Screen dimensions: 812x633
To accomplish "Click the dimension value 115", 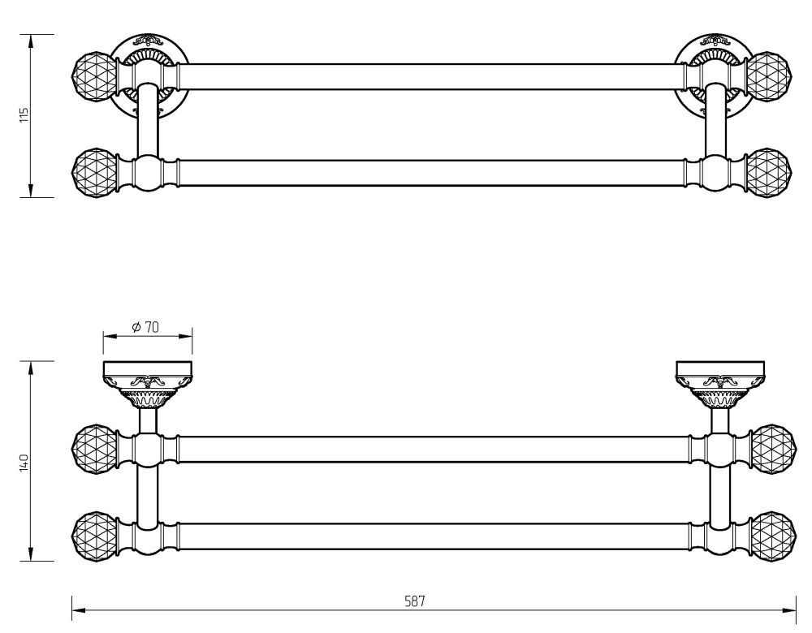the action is [x=24, y=114].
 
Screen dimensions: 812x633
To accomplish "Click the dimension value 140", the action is [x=24, y=463].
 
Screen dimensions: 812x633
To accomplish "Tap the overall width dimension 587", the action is [x=414, y=601].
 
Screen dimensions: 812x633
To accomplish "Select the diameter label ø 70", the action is [x=145, y=327].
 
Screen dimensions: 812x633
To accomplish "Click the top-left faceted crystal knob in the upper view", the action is [x=93, y=76].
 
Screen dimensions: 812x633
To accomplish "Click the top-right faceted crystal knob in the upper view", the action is [x=770, y=76].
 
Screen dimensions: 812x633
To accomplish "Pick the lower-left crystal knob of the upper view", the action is [x=93, y=172].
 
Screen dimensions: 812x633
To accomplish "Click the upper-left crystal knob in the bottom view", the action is [x=93, y=450].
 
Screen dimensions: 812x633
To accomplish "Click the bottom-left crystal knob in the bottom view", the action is [x=93, y=536].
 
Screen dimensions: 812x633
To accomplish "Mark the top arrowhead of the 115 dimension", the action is [x=31, y=42].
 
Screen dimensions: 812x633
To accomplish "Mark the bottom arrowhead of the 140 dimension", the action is [x=31, y=553].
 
